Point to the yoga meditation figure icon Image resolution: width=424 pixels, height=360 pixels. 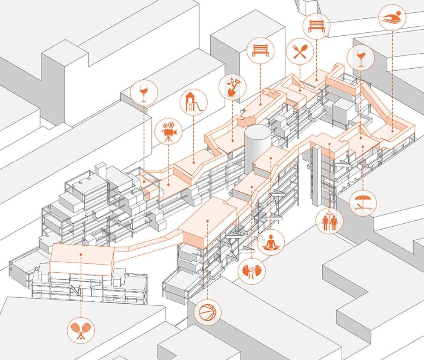click(x=271, y=242)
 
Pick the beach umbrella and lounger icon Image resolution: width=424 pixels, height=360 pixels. click(x=362, y=203)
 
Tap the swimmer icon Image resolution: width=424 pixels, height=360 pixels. click(x=392, y=17)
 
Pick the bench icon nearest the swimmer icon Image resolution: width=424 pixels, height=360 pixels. click(x=316, y=26)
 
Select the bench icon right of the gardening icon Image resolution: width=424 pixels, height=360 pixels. click(x=261, y=51)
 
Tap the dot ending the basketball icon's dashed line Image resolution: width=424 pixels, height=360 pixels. click(x=206, y=220)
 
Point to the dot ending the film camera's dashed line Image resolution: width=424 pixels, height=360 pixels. click(x=169, y=185)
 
